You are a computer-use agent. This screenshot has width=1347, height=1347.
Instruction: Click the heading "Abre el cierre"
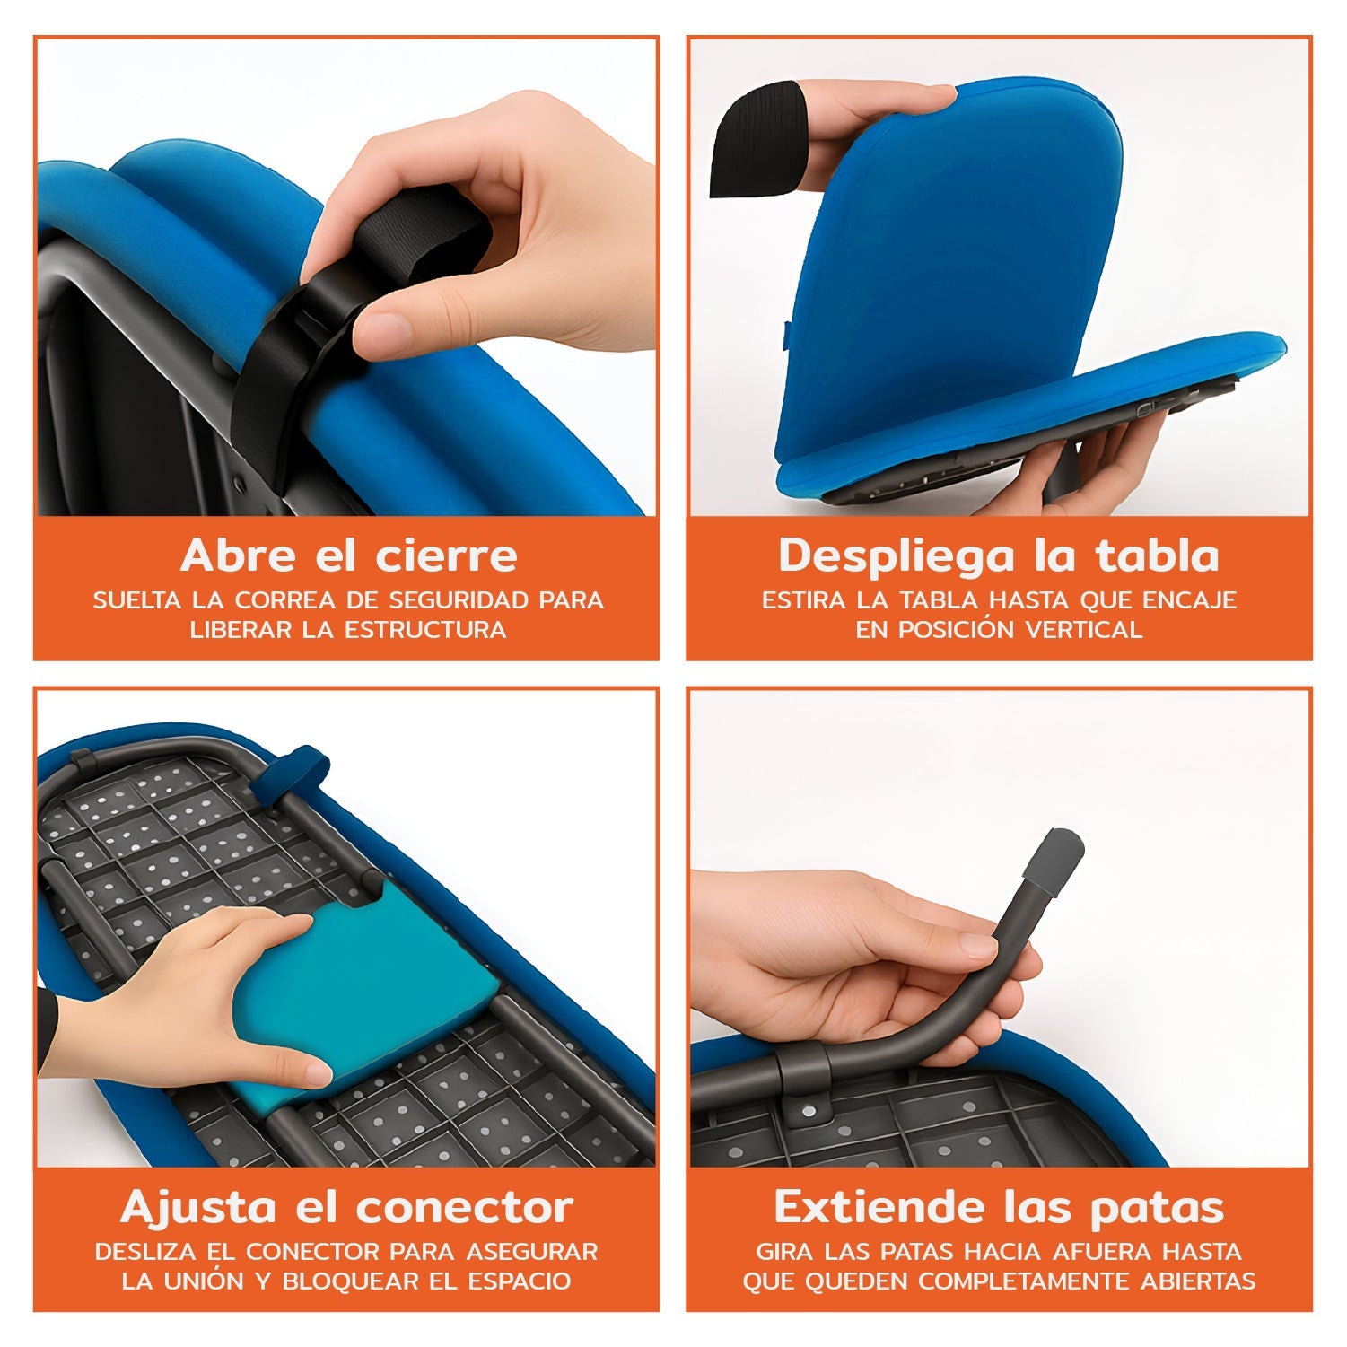tap(348, 556)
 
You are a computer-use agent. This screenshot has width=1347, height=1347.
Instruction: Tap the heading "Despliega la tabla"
tap(998, 556)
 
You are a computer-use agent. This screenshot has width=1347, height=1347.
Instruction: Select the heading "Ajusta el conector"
tap(346, 1208)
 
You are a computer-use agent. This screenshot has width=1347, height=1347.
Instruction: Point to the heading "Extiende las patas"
tap(998, 1208)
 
